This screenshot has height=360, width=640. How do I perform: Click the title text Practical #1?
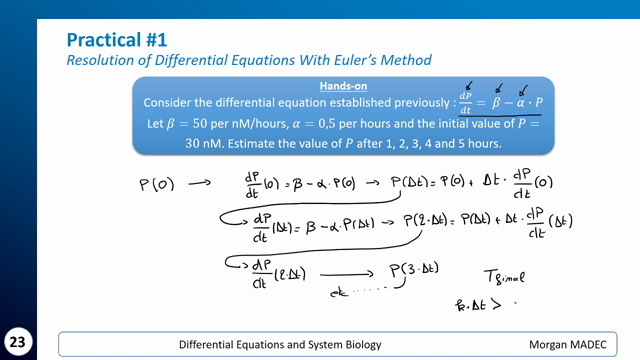point(116,40)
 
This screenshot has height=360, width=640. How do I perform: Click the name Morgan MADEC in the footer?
point(569,344)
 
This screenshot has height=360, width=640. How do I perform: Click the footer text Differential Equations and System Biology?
point(273,344)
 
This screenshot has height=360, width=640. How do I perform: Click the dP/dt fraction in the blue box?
point(464,103)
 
